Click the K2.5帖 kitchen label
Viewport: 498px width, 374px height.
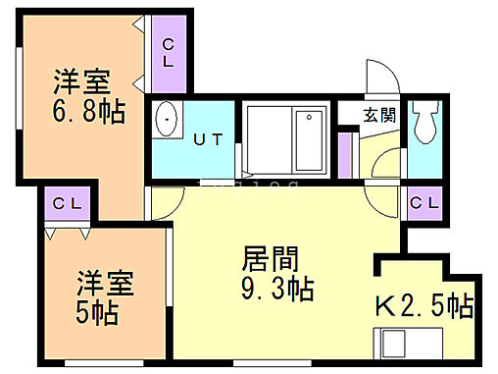click(x=423, y=306)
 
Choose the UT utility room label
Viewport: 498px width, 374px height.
click(x=212, y=139)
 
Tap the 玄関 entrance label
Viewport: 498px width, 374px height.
click(x=379, y=114)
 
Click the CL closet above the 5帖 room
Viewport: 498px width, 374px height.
click(x=66, y=204)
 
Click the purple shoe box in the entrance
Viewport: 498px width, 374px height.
click(x=345, y=151)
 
